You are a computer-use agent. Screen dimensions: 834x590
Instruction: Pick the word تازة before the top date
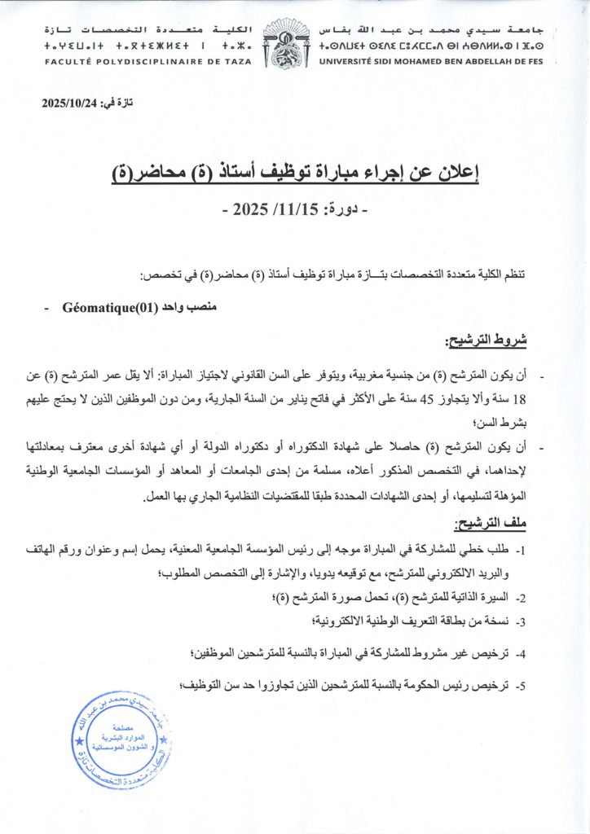point(120,103)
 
